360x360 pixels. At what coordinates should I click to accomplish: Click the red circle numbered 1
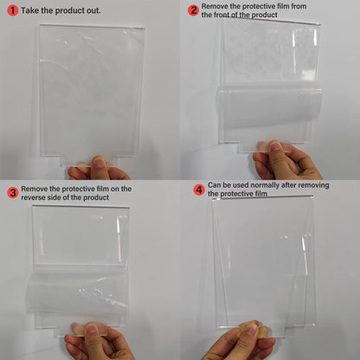12,10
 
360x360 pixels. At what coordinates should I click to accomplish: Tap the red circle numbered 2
193,10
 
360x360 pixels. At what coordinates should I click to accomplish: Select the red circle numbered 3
13,193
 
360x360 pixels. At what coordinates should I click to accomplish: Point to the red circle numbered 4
199,190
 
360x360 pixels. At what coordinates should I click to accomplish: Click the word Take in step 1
29,10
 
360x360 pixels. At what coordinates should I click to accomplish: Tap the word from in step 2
298,6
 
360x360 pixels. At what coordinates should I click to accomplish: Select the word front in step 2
222,15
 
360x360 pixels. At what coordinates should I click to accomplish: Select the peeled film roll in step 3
78,294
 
